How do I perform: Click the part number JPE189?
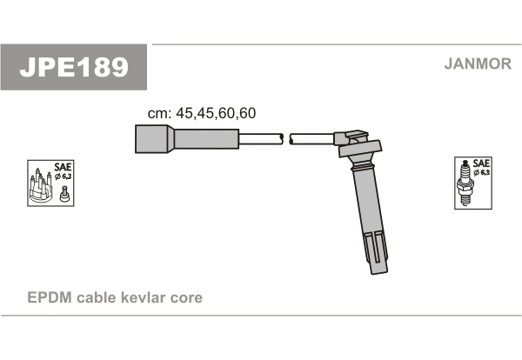coord(74,67)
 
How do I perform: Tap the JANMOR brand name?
coord(478,63)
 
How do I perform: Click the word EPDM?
coord(50,297)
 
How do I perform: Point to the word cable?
coord(97,297)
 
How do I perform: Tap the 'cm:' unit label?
coord(159,113)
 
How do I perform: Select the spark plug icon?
coord(465,183)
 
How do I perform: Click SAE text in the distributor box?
coord(63,166)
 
